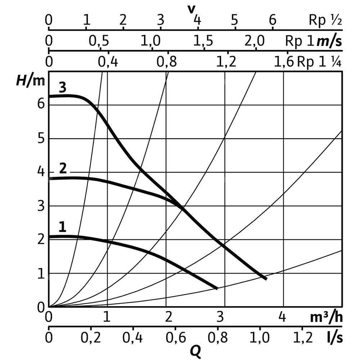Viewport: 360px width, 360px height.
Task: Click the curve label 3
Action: coord(62,88)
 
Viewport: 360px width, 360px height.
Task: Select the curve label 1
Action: coord(63,227)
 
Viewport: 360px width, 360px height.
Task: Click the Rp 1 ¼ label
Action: coord(319,62)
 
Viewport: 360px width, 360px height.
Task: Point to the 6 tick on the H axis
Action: coord(41,104)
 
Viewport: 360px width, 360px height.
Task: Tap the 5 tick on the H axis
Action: coord(41,139)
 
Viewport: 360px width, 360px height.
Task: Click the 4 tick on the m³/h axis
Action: coord(283,318)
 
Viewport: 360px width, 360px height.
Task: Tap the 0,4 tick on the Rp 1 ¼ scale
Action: coord(108,63)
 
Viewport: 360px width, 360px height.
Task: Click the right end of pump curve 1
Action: coord(217,288)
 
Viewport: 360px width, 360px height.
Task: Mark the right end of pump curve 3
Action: coord(266,278)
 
